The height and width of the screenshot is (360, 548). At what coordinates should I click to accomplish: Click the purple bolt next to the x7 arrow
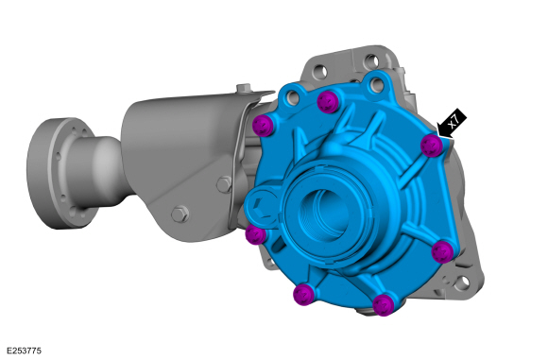tap(431, 145)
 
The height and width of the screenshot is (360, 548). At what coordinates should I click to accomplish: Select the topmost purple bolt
tap(328, 101)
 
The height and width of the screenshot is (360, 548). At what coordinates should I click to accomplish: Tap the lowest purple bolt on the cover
tap(383, 304)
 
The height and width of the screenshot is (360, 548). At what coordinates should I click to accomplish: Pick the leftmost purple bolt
tap(255, 234)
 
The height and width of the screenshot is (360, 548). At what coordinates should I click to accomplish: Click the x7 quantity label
tap(455, 121)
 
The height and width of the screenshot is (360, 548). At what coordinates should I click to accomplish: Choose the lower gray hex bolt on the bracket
tap(179, 214)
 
